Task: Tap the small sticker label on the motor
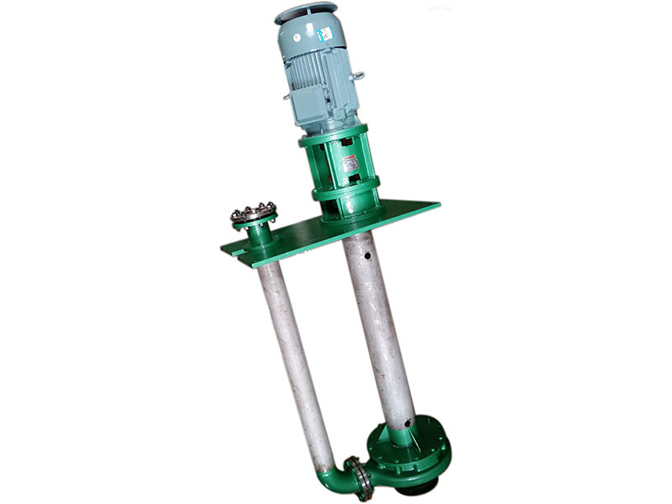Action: click(324, 35)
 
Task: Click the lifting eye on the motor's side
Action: click(360, 76)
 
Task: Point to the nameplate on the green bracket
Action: click(349, 163)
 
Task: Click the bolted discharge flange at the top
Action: click(253, 212)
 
